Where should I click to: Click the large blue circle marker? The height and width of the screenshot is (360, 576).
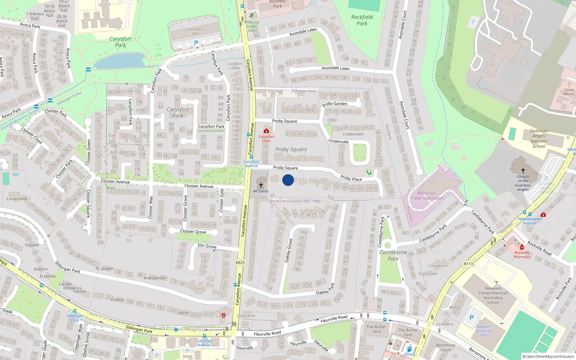click(x=288, y=180)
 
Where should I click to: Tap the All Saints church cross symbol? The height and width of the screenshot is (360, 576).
click(x=261, y=185)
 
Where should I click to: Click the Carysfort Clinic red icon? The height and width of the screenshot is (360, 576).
click(x=266, y=131)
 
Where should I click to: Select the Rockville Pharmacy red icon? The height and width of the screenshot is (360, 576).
click(x=522, y=247)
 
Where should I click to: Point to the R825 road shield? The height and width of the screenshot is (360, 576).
click(x=240, y=262)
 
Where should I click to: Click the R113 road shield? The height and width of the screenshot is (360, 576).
click(x=468, y=264)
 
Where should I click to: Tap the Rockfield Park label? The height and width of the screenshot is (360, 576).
click(x=362, y=20)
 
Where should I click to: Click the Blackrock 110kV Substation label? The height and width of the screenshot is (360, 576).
click(x=427, y=195)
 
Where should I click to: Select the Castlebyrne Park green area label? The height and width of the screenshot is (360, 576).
click(x=393, y=255)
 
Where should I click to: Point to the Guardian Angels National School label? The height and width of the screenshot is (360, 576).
click(x=539, y=139)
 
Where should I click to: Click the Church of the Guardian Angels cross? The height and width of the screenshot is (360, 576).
click(x=523, y=171)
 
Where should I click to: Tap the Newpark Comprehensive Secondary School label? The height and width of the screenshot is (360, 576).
click(x=493, y=295)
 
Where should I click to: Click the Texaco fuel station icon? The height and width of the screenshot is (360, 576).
click(x=409, y=349)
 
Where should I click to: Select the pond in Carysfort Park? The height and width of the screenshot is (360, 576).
click(x=119, y=61)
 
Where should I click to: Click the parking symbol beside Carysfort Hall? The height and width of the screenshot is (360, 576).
click(x=196, y=43)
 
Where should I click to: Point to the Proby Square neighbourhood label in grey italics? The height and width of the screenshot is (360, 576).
click(x=291, y=149)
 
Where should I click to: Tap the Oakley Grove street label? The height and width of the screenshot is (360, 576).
click(x=288, y=251)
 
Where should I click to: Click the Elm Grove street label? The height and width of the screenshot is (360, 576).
click(x=207, y=246)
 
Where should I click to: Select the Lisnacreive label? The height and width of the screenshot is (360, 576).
click(x=17, y=199)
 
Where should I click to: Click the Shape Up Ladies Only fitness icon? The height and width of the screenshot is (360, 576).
click(x=251, y=15)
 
